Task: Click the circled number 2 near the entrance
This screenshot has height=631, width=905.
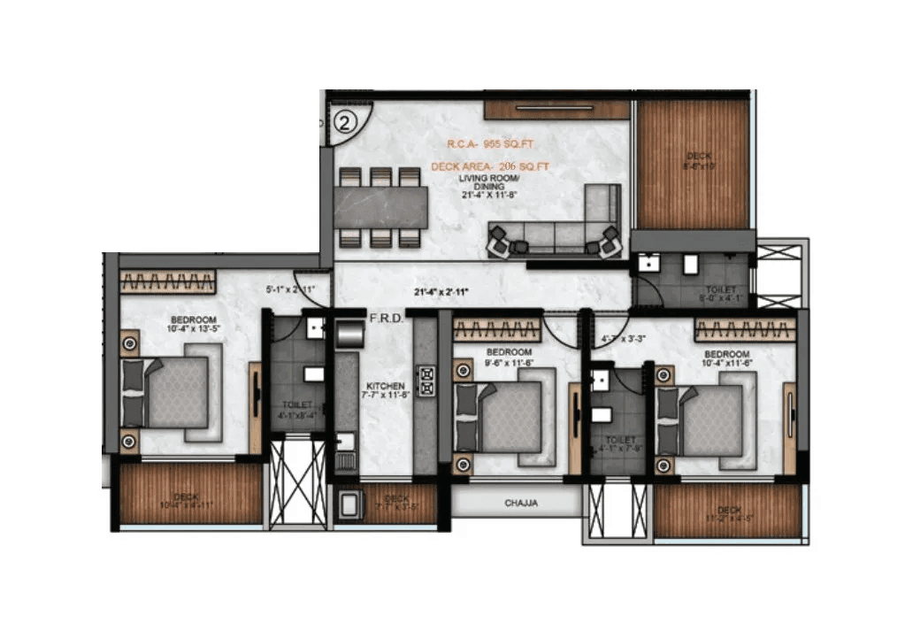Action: tap(345, 122)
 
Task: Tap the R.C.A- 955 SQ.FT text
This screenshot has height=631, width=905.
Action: tap(489, 143)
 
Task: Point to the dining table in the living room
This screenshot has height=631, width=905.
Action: tap(381, 207)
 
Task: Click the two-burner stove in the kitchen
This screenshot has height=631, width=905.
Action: tap(426, 381)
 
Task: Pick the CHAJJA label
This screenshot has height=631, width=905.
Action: tap(521, 504)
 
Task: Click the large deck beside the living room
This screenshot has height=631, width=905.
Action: tap(693, 164)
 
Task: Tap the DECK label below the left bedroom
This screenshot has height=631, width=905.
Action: tap(187, 497)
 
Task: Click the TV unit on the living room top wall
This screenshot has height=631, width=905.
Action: tap(556, 110)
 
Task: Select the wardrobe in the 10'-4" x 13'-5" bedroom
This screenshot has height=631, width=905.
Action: tap(168, 282)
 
